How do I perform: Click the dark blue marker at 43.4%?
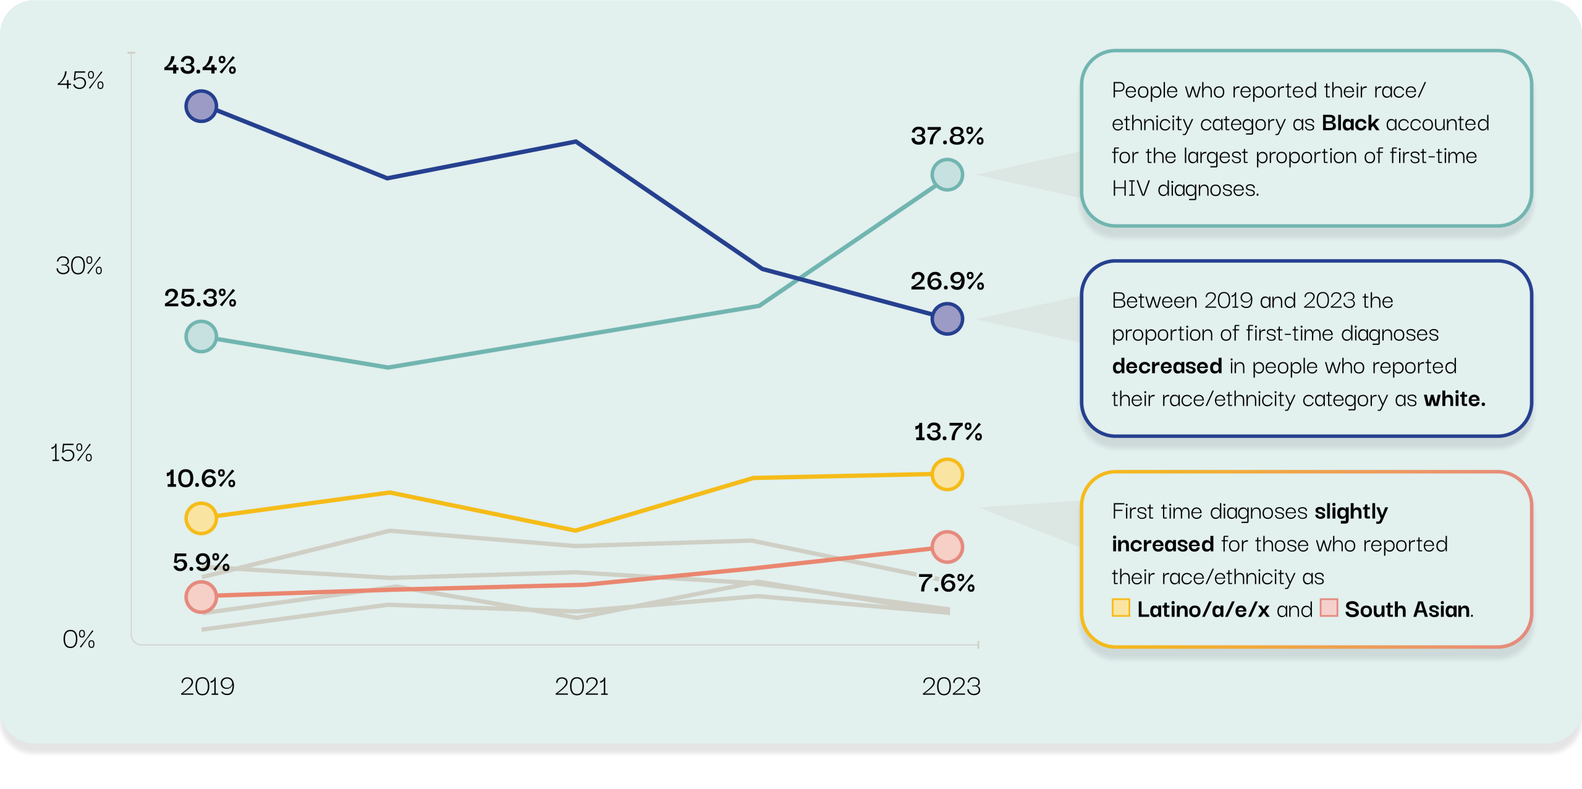pyautogui.click(x=201, y=106)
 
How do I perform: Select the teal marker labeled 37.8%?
pyautogui.click(x=947, y=174)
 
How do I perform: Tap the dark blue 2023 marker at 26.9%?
pyautogui.click(x=947, y=319)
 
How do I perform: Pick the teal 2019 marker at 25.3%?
pyautogui.click(x=201, y=336)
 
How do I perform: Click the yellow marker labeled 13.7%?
pyautogui.click(x=947, y=474)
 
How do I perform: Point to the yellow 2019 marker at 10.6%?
pyautogui.click(x=201, y=518)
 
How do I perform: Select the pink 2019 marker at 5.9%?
pyautogui.click(x=201, y=597)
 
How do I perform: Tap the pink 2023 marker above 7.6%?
pyautogui.click(x=947, y=547)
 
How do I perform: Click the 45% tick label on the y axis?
pyautogui.click(x=80, y=80)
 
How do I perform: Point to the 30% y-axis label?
pyautogui.click(x=79, y=266)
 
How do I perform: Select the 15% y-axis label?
pyautogui.click(x=71, y=453)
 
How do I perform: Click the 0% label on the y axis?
pyautogui.click(x=78, y=639)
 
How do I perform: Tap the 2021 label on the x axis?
pyautogui.click(x=582, y=687)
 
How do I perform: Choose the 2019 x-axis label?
pyautogui.click(x=207, y=687)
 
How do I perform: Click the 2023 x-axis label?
pyautogui.click(x=951, y=687)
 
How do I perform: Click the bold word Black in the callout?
pyautogui.click(x=1350, y=123)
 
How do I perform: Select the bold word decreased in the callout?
pyautogui.click(x=1167, y=366)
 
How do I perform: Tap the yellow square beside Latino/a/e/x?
pyautogui.click(x=1120, y=608)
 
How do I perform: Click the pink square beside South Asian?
pyautogui.click(x=1329, y=608)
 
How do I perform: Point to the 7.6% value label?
pyautogui.click(x=946, y=583)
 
